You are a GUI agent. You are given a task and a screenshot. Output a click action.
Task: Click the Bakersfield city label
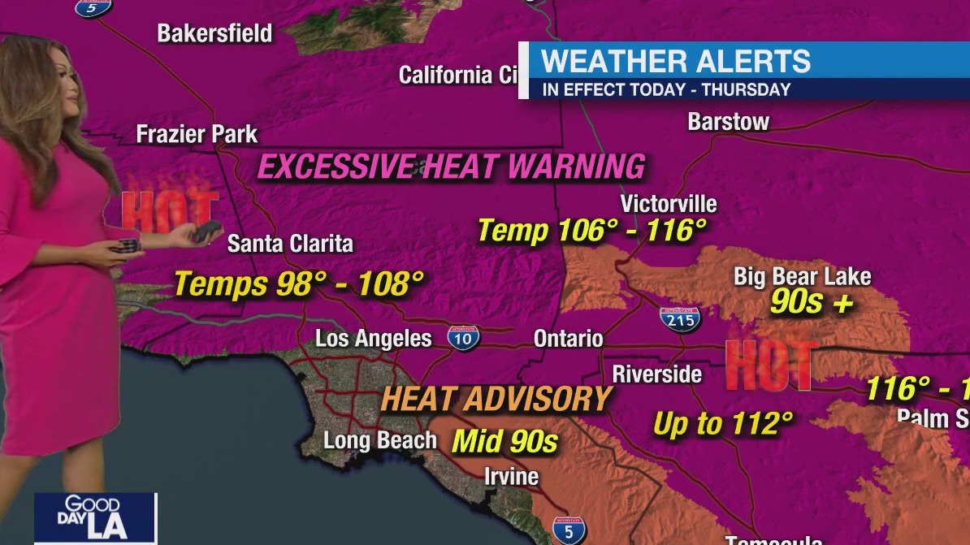point(214,33)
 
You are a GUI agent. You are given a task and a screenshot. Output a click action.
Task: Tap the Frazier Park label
point(197,134)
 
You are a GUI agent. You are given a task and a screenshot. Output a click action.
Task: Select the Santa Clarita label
point(290,243)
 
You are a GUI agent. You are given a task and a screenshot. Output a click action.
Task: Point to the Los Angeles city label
point(374,338)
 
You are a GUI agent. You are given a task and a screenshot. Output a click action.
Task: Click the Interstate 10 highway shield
point(463,337)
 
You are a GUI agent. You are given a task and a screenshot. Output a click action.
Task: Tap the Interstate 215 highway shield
point(680,318)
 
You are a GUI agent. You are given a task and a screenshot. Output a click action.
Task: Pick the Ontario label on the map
point(568,338)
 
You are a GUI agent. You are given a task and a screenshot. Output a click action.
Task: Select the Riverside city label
point(656,374)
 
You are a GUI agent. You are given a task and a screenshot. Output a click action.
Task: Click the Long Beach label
point(380,440)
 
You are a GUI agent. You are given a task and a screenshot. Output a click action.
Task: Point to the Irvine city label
point(511,476)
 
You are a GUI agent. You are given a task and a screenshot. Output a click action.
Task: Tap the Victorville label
point(669,203)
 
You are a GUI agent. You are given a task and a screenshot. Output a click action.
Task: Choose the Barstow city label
point(728,122)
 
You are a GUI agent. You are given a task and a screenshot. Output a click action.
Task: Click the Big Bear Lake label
point(802,276)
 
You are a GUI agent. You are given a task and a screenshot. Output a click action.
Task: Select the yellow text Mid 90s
point(504,442)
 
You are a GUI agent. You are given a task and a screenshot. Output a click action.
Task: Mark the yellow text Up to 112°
point(722,423)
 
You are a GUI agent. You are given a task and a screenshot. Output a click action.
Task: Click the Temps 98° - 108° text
point(299,284)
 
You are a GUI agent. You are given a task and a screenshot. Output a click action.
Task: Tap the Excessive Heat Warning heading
point(451,167)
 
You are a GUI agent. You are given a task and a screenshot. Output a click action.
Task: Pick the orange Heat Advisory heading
point(496,399)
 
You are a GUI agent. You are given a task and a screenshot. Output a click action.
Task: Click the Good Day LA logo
point(95,517)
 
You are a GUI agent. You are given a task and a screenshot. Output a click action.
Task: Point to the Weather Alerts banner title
point(676,62)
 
